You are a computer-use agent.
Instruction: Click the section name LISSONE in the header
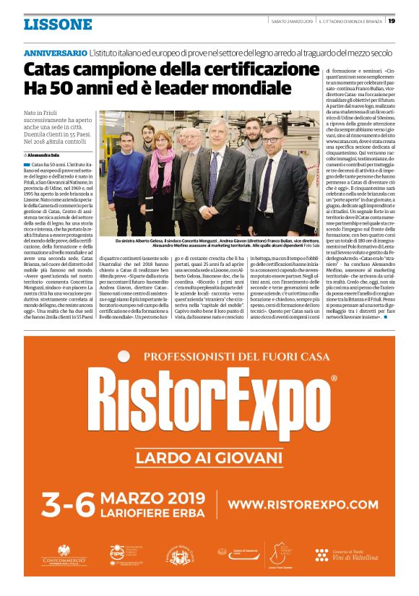pyautogui.click(x=58, y=24)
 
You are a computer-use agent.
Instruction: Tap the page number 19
pyautogui.click(x=391, y=21)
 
